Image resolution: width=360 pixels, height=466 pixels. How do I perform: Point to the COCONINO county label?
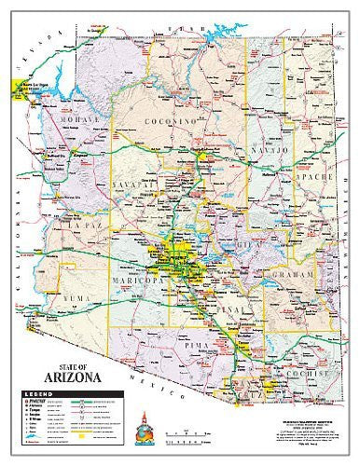pos(171,121)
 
